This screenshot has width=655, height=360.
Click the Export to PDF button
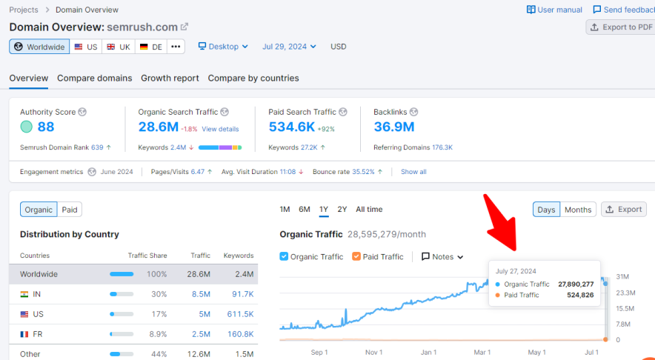[x=621, y=27]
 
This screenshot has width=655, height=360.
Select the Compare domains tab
[x=94, y=78]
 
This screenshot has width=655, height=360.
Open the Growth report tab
[x=170, y=78]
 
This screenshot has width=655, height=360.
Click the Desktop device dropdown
[x=223, y=47]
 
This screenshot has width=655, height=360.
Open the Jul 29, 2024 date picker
[x=289, y=47]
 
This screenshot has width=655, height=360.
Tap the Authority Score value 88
[x=46, y=127]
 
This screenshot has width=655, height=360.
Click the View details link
[x=220, y=129]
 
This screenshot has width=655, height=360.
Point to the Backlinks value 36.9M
[x=393, y=127]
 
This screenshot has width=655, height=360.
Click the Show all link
[x=413, y=172]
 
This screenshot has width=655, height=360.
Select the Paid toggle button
[x=70, y=210]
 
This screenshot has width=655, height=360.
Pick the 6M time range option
[x=305, y=209]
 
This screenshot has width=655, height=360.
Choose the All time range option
[x=369, y=209]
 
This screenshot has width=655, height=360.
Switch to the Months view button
[x=578, y=210]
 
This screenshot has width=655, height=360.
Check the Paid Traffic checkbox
[x=356, y=257]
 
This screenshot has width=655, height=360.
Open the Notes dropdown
[x=442, y=257]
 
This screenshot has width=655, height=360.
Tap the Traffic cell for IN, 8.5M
[x=201, y=294]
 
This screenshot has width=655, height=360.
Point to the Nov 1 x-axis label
[x=373, y=353]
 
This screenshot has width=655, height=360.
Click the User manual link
[x=554, y=10]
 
